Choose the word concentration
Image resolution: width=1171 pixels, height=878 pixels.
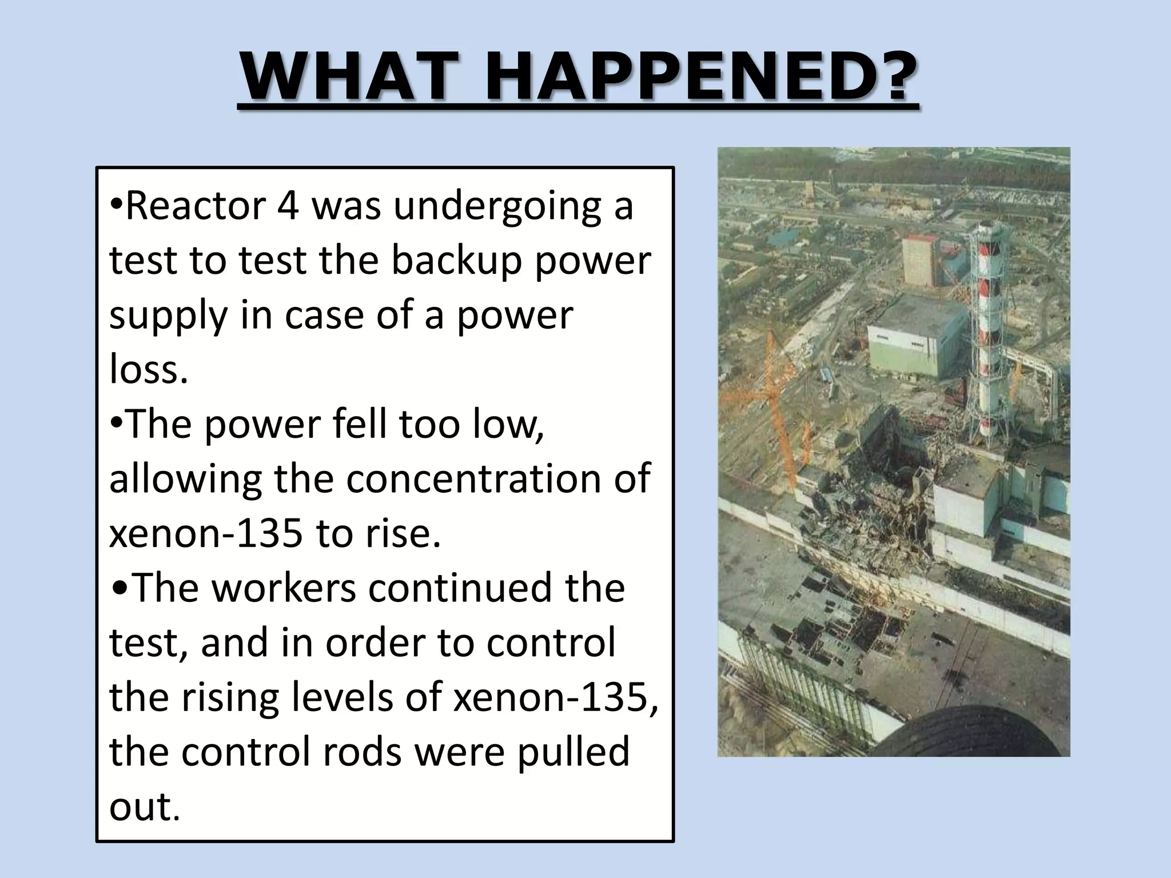point(473,478)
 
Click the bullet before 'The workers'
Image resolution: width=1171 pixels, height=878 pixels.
point(121,588)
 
